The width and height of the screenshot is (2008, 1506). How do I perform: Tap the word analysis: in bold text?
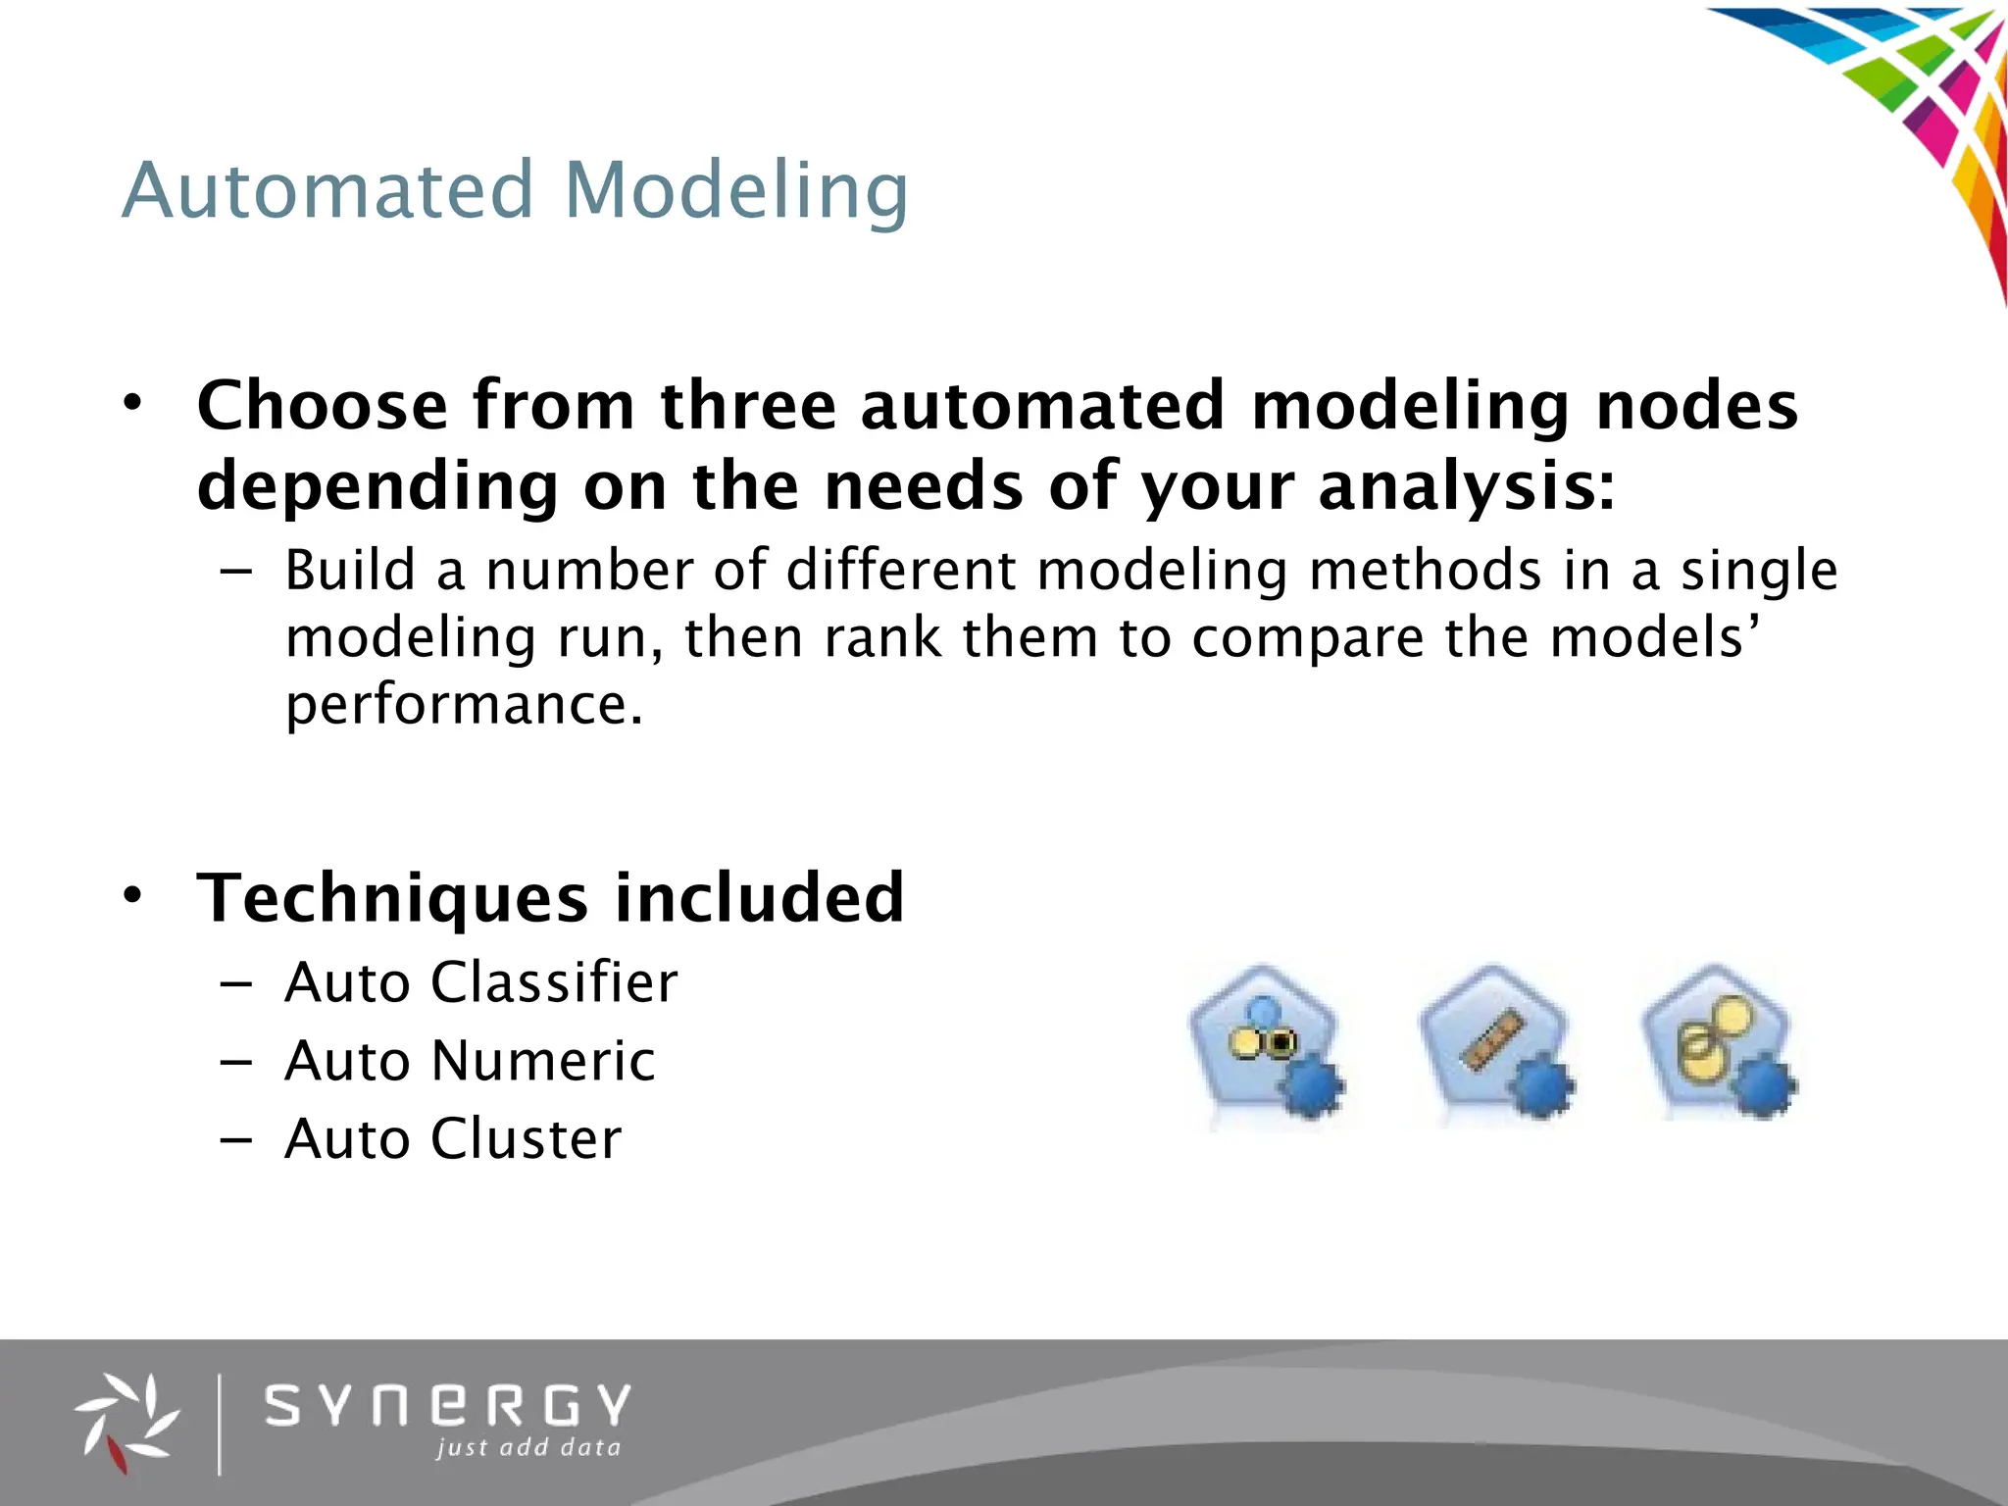1467,486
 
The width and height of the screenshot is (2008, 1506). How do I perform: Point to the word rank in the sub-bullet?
883,637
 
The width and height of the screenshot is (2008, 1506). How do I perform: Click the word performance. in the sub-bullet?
464,704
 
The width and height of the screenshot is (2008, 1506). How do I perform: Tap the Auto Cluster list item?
453,1138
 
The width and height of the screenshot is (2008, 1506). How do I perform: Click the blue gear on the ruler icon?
1542,1086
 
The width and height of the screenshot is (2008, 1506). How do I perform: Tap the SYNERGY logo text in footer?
448,1406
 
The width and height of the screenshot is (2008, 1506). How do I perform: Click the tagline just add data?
528,1448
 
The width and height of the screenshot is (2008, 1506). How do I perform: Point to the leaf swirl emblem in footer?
125,1422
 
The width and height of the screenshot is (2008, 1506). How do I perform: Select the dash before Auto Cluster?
236,1139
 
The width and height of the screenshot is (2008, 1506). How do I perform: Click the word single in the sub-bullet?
1759,571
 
